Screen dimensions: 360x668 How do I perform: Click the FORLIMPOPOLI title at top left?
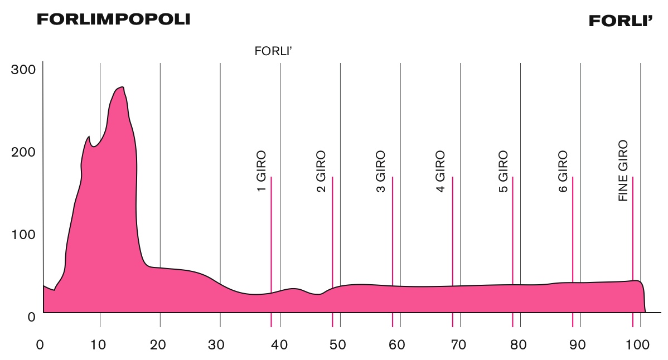[113, 19]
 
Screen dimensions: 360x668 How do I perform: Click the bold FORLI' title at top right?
[621, 21]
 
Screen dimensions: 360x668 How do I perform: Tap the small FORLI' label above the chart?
[274, 52]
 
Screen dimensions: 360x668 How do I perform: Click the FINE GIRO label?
[623, 171]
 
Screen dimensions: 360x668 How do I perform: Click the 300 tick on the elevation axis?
[24, 70]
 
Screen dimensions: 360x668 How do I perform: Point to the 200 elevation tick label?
[24, 152]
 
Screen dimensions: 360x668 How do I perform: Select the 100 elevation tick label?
[24, 234]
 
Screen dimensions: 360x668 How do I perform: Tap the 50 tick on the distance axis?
[338, 344]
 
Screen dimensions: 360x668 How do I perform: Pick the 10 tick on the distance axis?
[99, 344]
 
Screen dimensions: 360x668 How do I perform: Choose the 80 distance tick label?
[519, 344]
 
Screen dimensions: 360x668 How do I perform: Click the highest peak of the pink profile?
[120, 87]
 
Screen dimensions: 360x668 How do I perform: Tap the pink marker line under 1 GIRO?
[271, 251]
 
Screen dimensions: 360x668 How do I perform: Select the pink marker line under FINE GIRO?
[633, 251]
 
